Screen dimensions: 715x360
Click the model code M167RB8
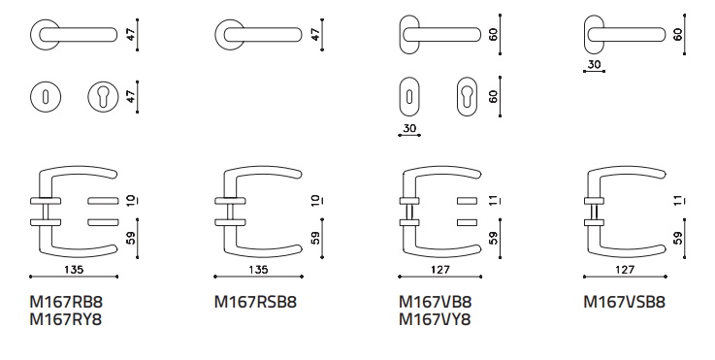point(66,302)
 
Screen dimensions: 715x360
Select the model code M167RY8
point(66,320)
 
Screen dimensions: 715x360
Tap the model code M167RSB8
point(255,302)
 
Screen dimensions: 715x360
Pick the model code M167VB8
point(435,302)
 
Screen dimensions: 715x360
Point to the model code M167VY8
point(435,320)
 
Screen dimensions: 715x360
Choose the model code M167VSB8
point(624,302)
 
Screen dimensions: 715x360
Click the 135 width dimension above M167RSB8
point(258,270)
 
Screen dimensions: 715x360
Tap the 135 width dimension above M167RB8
point(74,270)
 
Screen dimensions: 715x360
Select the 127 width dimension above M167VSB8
point(625,270)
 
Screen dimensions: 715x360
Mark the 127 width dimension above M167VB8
point(440,270)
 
